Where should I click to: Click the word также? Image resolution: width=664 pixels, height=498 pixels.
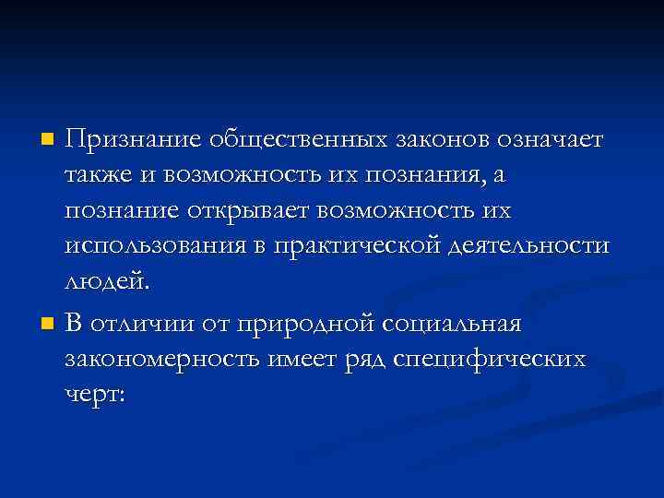pyautogui.click(x=98, y=176)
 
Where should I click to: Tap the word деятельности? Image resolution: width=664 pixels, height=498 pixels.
pyautogui.click(x=533, y=246)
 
